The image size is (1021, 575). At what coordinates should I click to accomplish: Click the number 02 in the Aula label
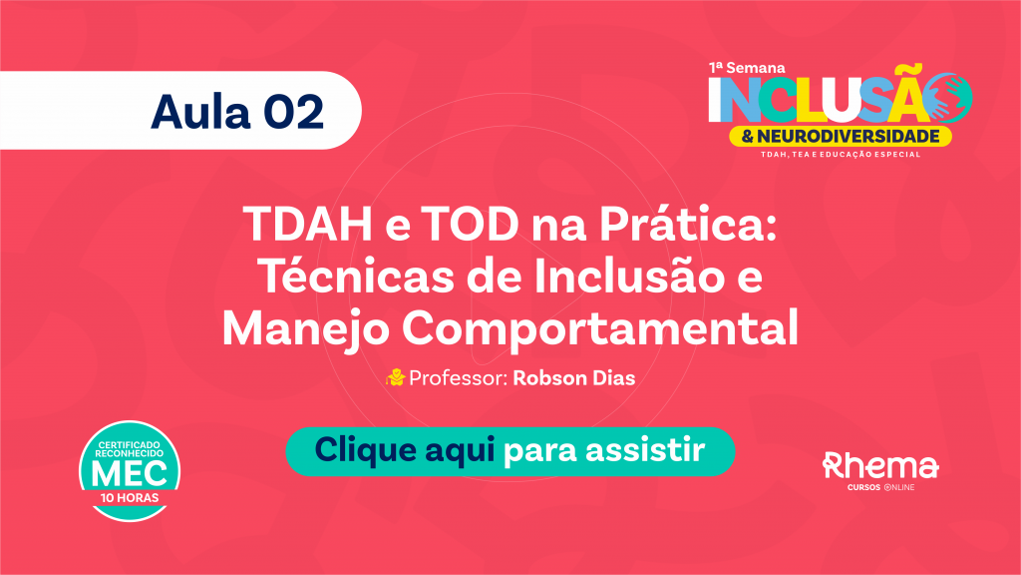(294, 112)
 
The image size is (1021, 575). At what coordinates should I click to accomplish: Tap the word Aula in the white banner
(200, 112)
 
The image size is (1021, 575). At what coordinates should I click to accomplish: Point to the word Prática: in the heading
(688, 223)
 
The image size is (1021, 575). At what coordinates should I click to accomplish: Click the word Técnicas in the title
(357, 276)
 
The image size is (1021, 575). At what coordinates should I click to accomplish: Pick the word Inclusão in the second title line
(630, 276)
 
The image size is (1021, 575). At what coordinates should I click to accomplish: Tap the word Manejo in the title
(305, 329)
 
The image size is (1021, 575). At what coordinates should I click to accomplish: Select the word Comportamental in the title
(600, 329)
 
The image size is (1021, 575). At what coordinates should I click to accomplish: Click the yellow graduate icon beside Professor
(395, 377)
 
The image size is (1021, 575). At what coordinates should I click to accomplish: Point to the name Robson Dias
(574, 378)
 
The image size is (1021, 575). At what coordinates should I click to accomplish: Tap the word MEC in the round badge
(130, 474)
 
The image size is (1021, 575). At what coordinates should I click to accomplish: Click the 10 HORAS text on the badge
(130, 498)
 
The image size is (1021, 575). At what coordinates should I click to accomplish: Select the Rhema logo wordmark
(880, 465)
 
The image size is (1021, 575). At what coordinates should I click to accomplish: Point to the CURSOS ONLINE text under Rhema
(881, 487)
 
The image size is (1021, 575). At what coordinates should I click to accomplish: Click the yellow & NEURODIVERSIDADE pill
(841, 136)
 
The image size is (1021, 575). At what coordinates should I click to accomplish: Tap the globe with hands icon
(950, 98)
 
